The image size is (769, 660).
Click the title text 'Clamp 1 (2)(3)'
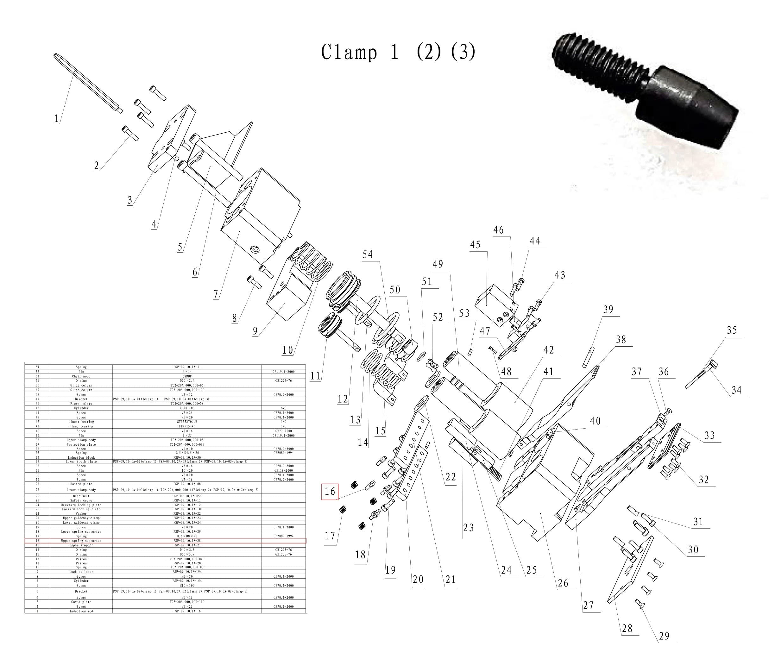point(398,52)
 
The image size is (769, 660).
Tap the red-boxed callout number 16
point(330,492)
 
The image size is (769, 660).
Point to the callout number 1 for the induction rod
point(56,119)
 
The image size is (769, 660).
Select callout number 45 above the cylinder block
point(475,245)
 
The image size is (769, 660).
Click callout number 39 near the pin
point(608,309)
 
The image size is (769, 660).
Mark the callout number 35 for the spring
point(732,330)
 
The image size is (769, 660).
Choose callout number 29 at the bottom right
point(664,636)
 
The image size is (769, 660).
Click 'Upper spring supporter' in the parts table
point(81,541)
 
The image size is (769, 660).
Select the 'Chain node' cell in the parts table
point(81,376)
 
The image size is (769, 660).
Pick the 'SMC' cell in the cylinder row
point(284,408)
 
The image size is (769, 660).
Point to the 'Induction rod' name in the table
point(81,611)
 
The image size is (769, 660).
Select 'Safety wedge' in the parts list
point(81,500)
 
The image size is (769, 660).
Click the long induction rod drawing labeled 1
point(89,84)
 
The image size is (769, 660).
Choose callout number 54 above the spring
point(368,255)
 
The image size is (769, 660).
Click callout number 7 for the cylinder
point(216,294)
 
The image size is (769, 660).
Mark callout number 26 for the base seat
point(563,583)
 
